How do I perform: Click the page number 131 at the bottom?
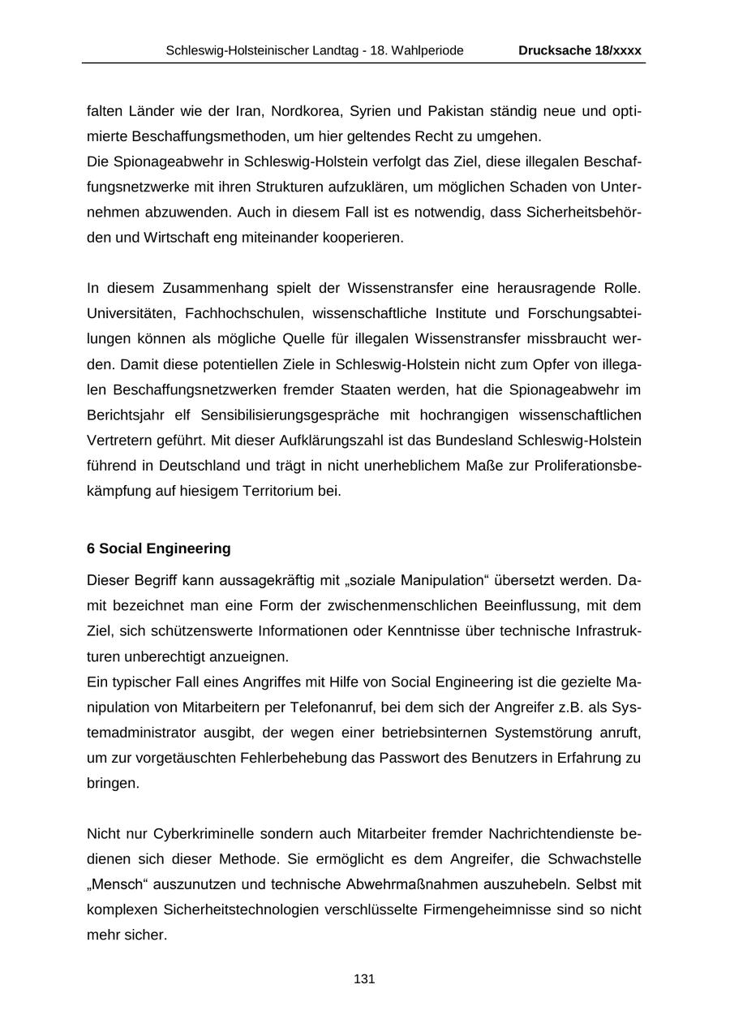click(x=364, y=979)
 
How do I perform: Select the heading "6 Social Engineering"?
click(x=159, y=548)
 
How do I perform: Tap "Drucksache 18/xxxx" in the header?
click(x=580, y=50)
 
